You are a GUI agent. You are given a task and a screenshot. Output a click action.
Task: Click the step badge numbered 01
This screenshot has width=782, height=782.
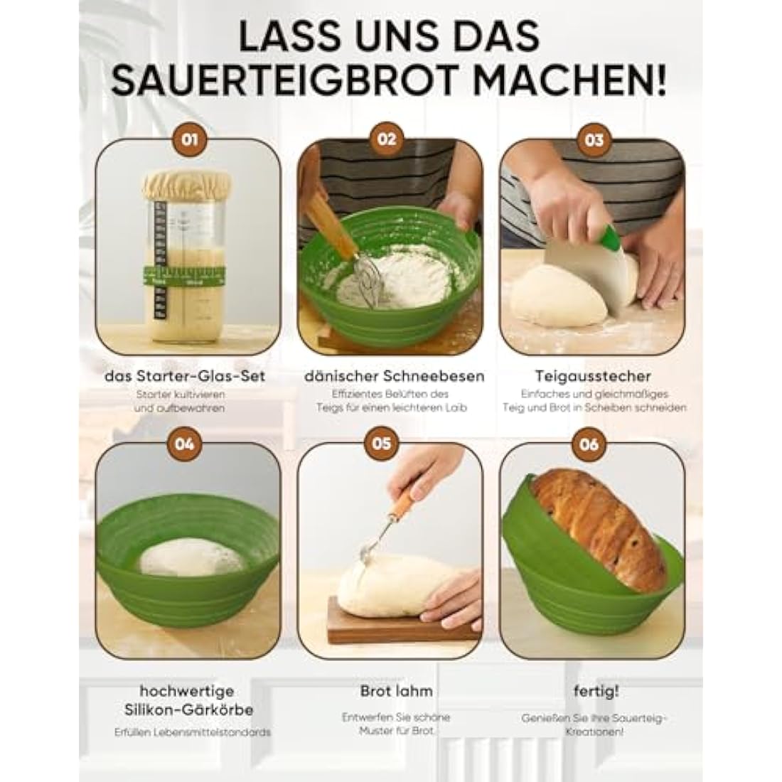[x=189, y=139]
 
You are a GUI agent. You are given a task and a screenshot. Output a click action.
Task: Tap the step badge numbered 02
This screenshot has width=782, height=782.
[x=387, y=139]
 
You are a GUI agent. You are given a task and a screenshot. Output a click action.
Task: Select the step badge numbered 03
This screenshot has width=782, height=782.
[x=594, y=139]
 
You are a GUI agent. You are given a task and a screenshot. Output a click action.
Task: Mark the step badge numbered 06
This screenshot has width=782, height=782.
[x=589, y=445]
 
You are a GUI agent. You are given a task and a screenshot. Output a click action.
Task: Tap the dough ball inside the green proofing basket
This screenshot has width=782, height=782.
[x=183, y=557]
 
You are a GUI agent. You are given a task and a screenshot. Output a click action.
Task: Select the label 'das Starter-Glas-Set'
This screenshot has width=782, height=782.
[x=184, y=376]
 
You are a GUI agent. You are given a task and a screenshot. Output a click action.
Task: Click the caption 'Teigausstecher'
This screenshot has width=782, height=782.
[x=594, y=376]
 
